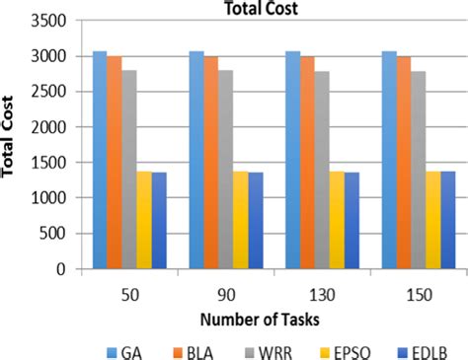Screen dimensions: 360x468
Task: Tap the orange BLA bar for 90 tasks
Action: [x=211, y=163]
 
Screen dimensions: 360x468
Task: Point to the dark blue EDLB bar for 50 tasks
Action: [x=160, y=221]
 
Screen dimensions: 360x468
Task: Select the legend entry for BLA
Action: [x=193, y=347]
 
